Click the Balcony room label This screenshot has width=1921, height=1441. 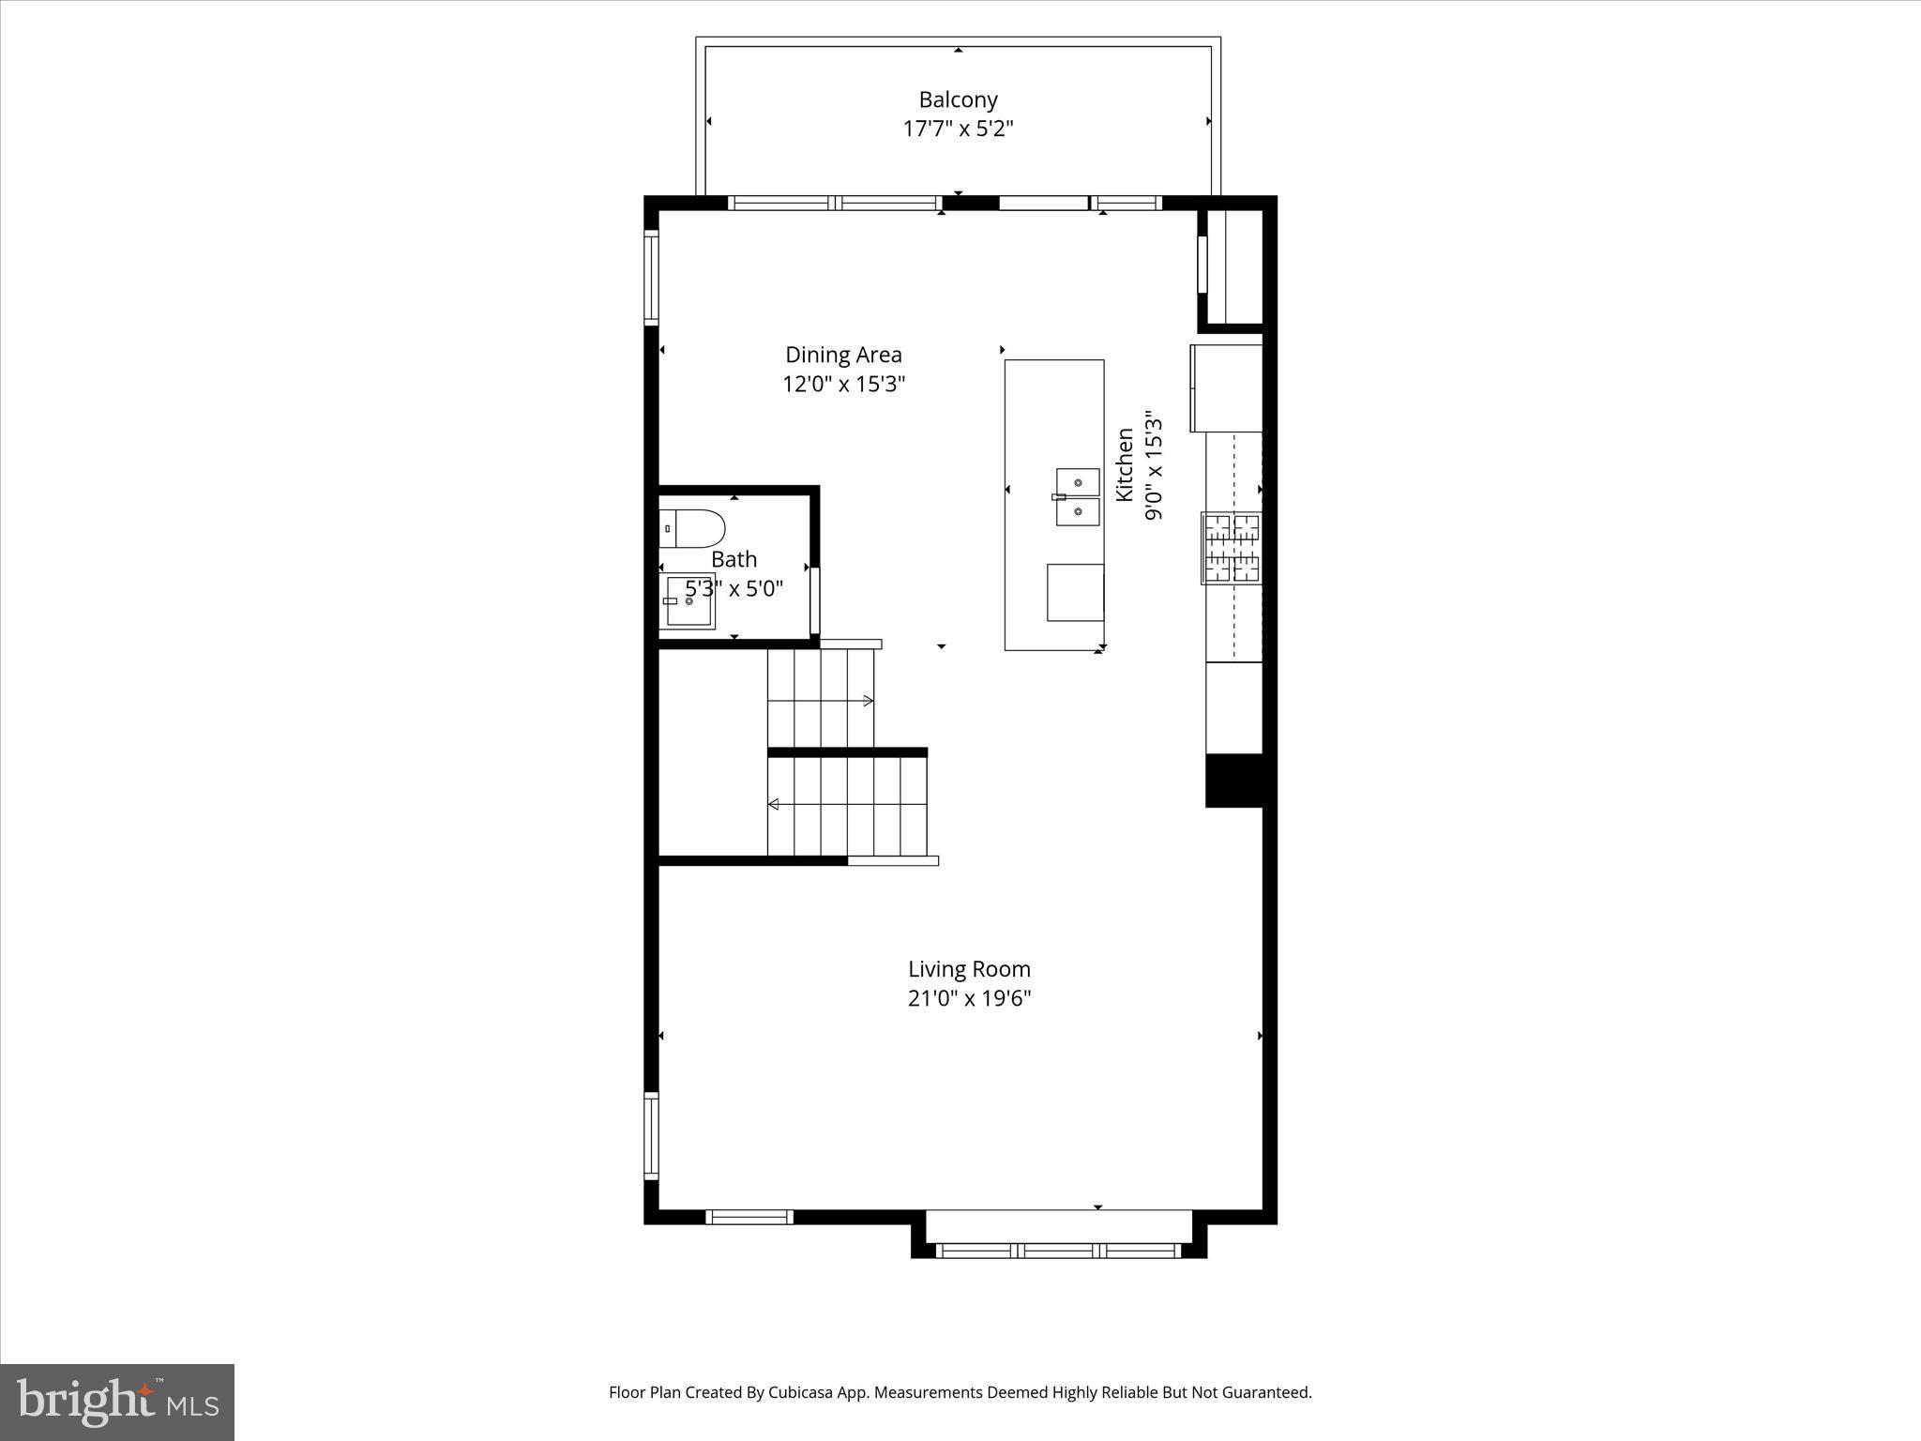click(958, 99)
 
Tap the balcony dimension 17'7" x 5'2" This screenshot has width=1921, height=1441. click(958, 129)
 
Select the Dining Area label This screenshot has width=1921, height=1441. click(843, 355)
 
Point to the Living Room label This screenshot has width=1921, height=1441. click(969, 969)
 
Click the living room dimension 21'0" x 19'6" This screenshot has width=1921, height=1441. click(969, 998)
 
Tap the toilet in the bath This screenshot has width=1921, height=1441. click(692, 528)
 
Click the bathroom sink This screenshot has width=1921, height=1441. click(690, 600)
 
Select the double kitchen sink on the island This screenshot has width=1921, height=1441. click(1078, 497)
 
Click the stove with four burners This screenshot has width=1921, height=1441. click(1232, 548)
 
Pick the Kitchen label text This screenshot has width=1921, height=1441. click(1125, 464)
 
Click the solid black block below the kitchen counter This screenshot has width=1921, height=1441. click(1233, 780)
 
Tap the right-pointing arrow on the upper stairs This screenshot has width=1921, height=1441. click(868, 701)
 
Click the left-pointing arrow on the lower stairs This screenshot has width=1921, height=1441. click(774, 804)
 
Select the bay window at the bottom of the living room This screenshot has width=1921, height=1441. click(1058, 1250)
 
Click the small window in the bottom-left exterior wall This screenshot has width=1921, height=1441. click(749, 1217)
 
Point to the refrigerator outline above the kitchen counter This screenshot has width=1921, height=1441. click(1226, 388)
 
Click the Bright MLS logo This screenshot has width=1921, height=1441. click(117, 1402)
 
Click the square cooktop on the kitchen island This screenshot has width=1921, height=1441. click(1075, 592)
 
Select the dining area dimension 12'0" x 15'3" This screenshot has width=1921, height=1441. click(843, 384)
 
